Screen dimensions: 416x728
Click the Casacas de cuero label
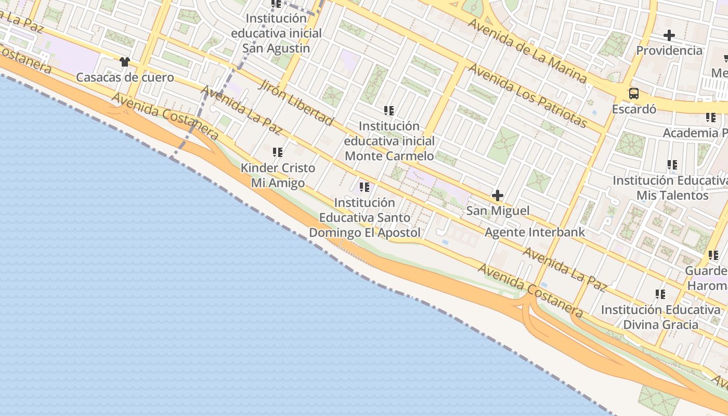pyautogui.click(x=125, y=77)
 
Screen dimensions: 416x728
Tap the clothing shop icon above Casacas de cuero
pyautogui.click(x=124, y=62)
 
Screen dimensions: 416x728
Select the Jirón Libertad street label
pyautogui.click(x=295, y=103)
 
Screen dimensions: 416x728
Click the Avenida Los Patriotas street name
pyautogui.click(x=528, y=96)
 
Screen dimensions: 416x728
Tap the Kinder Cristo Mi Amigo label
pyautogui.click(x=278, y=175)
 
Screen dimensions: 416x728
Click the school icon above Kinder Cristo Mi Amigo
pyautogui.click(x=278, y=152)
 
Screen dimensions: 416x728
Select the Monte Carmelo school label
pyautogui.click(x=389, y=141)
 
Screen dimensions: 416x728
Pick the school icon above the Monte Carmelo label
pyautogui.click(x=389, y=111)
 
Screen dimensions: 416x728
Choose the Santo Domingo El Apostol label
pyautogui.click(x=365, y=217)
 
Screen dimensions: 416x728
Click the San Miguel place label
pyautogui.click(x=498, y=211)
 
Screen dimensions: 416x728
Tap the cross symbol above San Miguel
pyautogui.click(x=498, y=196)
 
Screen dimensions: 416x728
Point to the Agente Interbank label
pyautogui.click(x=535, y=232)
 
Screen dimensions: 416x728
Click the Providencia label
pyautogui.click(x=669, y=50)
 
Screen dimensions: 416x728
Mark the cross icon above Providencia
pyautogui.click(x=669, y=35)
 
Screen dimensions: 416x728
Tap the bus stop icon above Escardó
pyautogui.click(x=633, y=94)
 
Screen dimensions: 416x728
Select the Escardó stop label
pyautogui.click(x=633, y=109)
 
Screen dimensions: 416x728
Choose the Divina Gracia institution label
pyautogui.click(x=660, y=317)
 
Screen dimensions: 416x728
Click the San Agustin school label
pyautogui.click(x=276, y=33)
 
